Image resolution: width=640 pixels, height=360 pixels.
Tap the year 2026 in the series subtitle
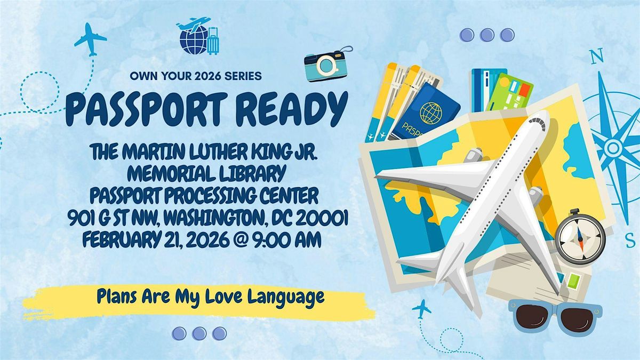(x=209, y=76)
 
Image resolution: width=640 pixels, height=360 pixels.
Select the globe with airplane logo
(x=194, y=36)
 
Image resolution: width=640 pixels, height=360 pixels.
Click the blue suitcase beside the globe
(x=213, y=41)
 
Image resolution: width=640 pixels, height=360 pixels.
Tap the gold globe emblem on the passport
(x=431, y=113)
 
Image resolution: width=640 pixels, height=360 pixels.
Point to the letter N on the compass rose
(x=597, y=57)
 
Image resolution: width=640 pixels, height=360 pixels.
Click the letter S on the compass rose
(x=630, y=241)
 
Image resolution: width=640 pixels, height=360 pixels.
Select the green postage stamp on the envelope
(x=573, y=281)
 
